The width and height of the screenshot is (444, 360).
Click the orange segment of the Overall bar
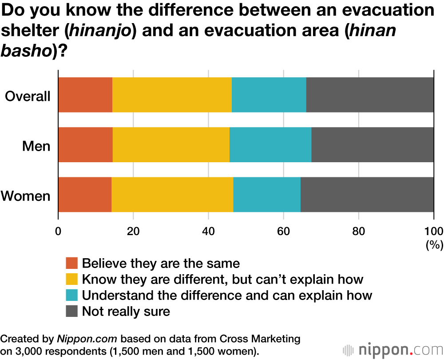(85, 95)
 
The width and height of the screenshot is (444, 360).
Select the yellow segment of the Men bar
(171, 145)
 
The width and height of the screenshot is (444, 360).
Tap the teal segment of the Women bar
(267, 195)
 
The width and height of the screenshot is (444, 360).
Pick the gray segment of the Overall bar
(370, 95)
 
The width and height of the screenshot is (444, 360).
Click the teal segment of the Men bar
(270, 145)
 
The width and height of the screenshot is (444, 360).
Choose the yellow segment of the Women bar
(172, 195)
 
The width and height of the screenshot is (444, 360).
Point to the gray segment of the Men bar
(373, 145)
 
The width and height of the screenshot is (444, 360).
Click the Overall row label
(28, 96)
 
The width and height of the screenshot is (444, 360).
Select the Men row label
(36, 146)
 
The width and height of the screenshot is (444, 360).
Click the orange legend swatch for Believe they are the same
(72, 264)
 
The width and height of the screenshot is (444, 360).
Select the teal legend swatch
(72, 295)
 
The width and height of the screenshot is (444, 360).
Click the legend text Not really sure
(126, 311)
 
